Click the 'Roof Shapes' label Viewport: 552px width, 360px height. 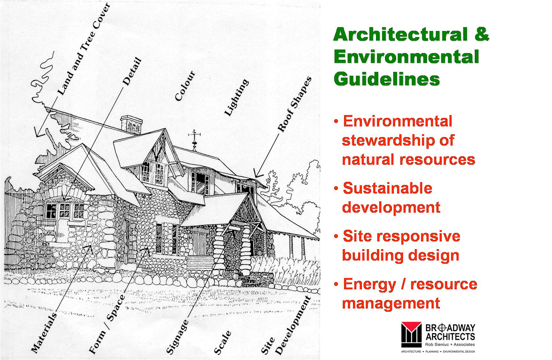(x=295, y=104)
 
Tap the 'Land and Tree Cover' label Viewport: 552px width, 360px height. (x=84, y=49)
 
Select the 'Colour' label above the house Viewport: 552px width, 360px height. (x=185, y=86)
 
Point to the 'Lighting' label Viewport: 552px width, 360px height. (x=236, y=97)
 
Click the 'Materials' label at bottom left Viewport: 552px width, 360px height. (x=44, y=333)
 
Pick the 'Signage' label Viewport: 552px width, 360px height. (x=177, y=337)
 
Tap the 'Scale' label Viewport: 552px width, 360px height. (x=222, y=343)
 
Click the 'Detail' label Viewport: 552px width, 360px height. (x=132, y=72)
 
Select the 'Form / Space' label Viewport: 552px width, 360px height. (x=107, y=324)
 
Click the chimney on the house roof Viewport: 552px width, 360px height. (x=132, y=125)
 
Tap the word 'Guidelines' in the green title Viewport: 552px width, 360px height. (x=387, y=79)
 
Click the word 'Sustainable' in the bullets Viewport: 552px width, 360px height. (x=388, y=188)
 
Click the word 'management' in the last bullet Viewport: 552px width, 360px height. (x=391, y=304)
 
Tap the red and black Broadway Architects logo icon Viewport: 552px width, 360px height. (x=411, y=335)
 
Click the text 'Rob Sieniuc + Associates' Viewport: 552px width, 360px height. (x=450, y=344)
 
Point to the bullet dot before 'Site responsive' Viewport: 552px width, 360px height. (x=336, y=236)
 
